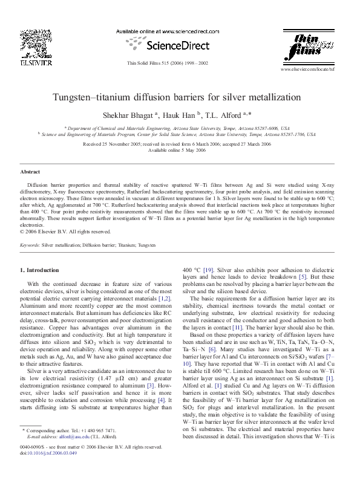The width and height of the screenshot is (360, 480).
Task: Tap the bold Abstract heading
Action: point(30,172)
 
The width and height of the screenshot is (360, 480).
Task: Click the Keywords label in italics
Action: point(30,245)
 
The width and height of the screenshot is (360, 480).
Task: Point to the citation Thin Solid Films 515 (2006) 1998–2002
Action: point(167,63)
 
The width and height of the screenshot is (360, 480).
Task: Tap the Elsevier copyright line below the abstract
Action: point(66,231)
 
